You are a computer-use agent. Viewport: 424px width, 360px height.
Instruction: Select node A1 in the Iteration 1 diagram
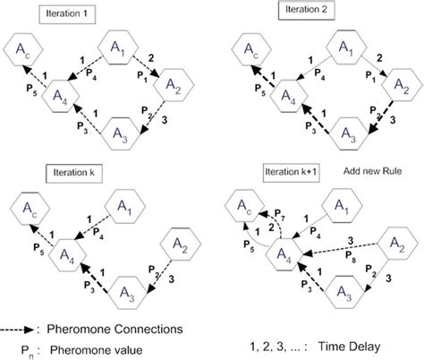tap(122, 51)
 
